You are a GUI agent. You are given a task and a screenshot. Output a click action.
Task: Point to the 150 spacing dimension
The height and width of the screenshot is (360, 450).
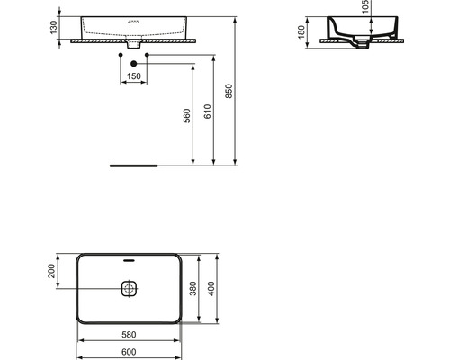[x=134, y=76]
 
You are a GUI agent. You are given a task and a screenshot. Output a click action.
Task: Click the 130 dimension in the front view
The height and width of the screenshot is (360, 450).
[x=53, y=28]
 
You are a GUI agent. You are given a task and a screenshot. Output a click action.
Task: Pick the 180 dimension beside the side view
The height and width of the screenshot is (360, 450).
[x=301, y=32]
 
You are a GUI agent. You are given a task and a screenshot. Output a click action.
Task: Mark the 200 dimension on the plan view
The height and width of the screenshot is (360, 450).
[x=53, y=271]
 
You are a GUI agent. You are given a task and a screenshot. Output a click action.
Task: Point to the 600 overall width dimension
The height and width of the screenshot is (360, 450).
[x=130, y=352]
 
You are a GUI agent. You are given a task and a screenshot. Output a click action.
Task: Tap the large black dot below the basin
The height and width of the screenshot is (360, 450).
[x=134, y=62]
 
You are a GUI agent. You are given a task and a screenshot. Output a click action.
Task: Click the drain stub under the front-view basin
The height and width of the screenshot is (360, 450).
[x=134, y=43]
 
